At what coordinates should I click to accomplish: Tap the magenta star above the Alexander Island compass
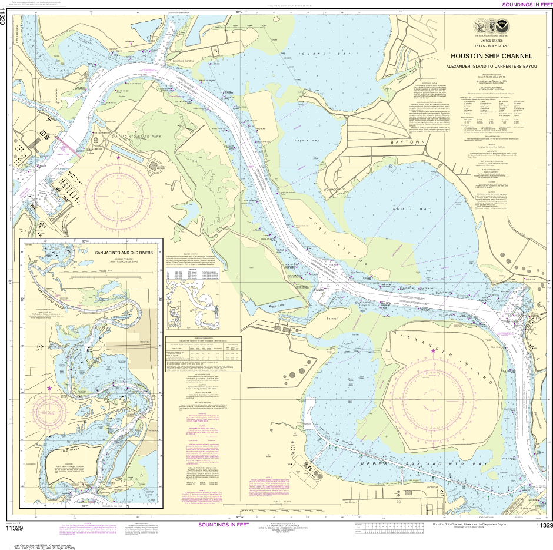(434, 351)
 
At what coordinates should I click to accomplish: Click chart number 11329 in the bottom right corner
(543, 525)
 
